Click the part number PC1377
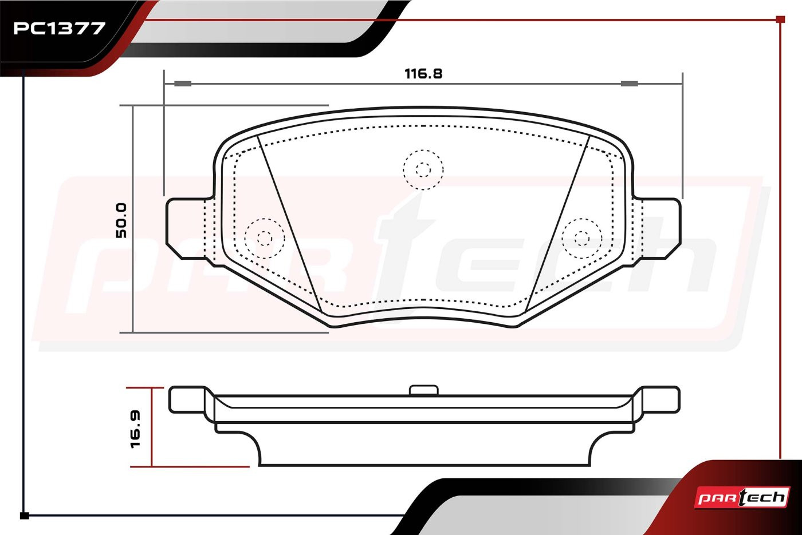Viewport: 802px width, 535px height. tap(59, 29)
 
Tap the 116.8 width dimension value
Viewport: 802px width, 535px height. tap(423, 74)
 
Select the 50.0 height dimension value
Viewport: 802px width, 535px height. tap(121, 221)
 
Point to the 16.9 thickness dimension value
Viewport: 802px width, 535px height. tap(136, 429)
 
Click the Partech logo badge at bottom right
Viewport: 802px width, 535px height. tap(742, 497)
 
